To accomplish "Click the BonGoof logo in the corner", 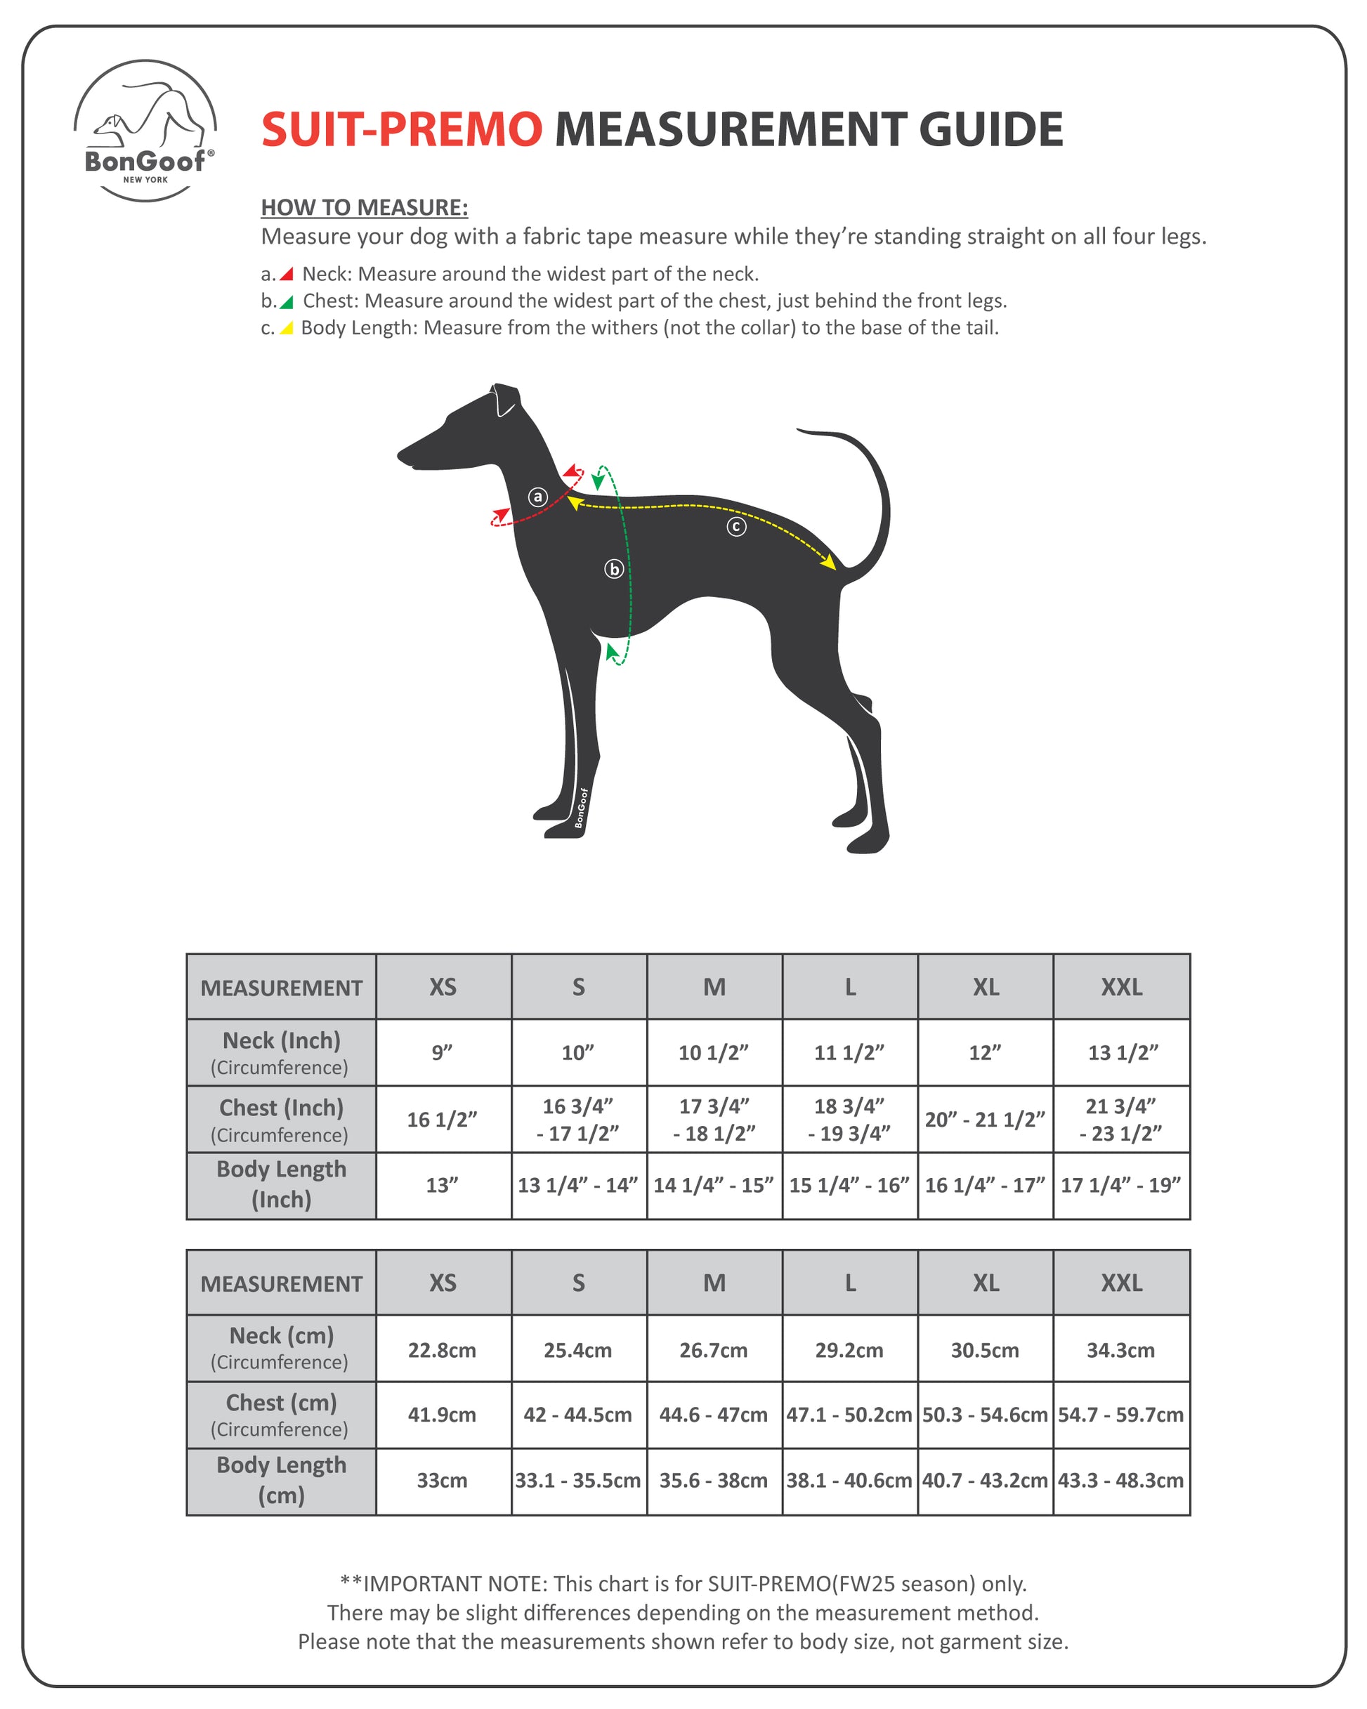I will [x=145, y=131].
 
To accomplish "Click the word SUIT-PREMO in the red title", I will [x=401, y=129].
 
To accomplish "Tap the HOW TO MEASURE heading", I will [x=364, y=208].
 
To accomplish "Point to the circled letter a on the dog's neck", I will [x=537, y=497].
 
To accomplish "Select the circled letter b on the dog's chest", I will [x=614, y=568].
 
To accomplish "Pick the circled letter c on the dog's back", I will [x=735, y=526].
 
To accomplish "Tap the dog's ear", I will [x=504, y=400].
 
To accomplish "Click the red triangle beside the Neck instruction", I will [x=287, y=274].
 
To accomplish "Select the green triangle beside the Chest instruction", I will [x=287, y=301].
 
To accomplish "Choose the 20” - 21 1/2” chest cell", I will [x=985, y=1119].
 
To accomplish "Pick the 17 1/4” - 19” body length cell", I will [x=1120, y=1185].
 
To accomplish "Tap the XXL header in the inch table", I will [x=1120, y=987].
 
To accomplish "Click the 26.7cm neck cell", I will [x=714, y=1350].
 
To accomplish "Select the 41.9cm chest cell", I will [x=443, y=1415].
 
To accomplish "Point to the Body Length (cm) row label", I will [x=282, y=1480].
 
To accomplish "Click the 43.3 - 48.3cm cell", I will [x=1120, y=1480].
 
